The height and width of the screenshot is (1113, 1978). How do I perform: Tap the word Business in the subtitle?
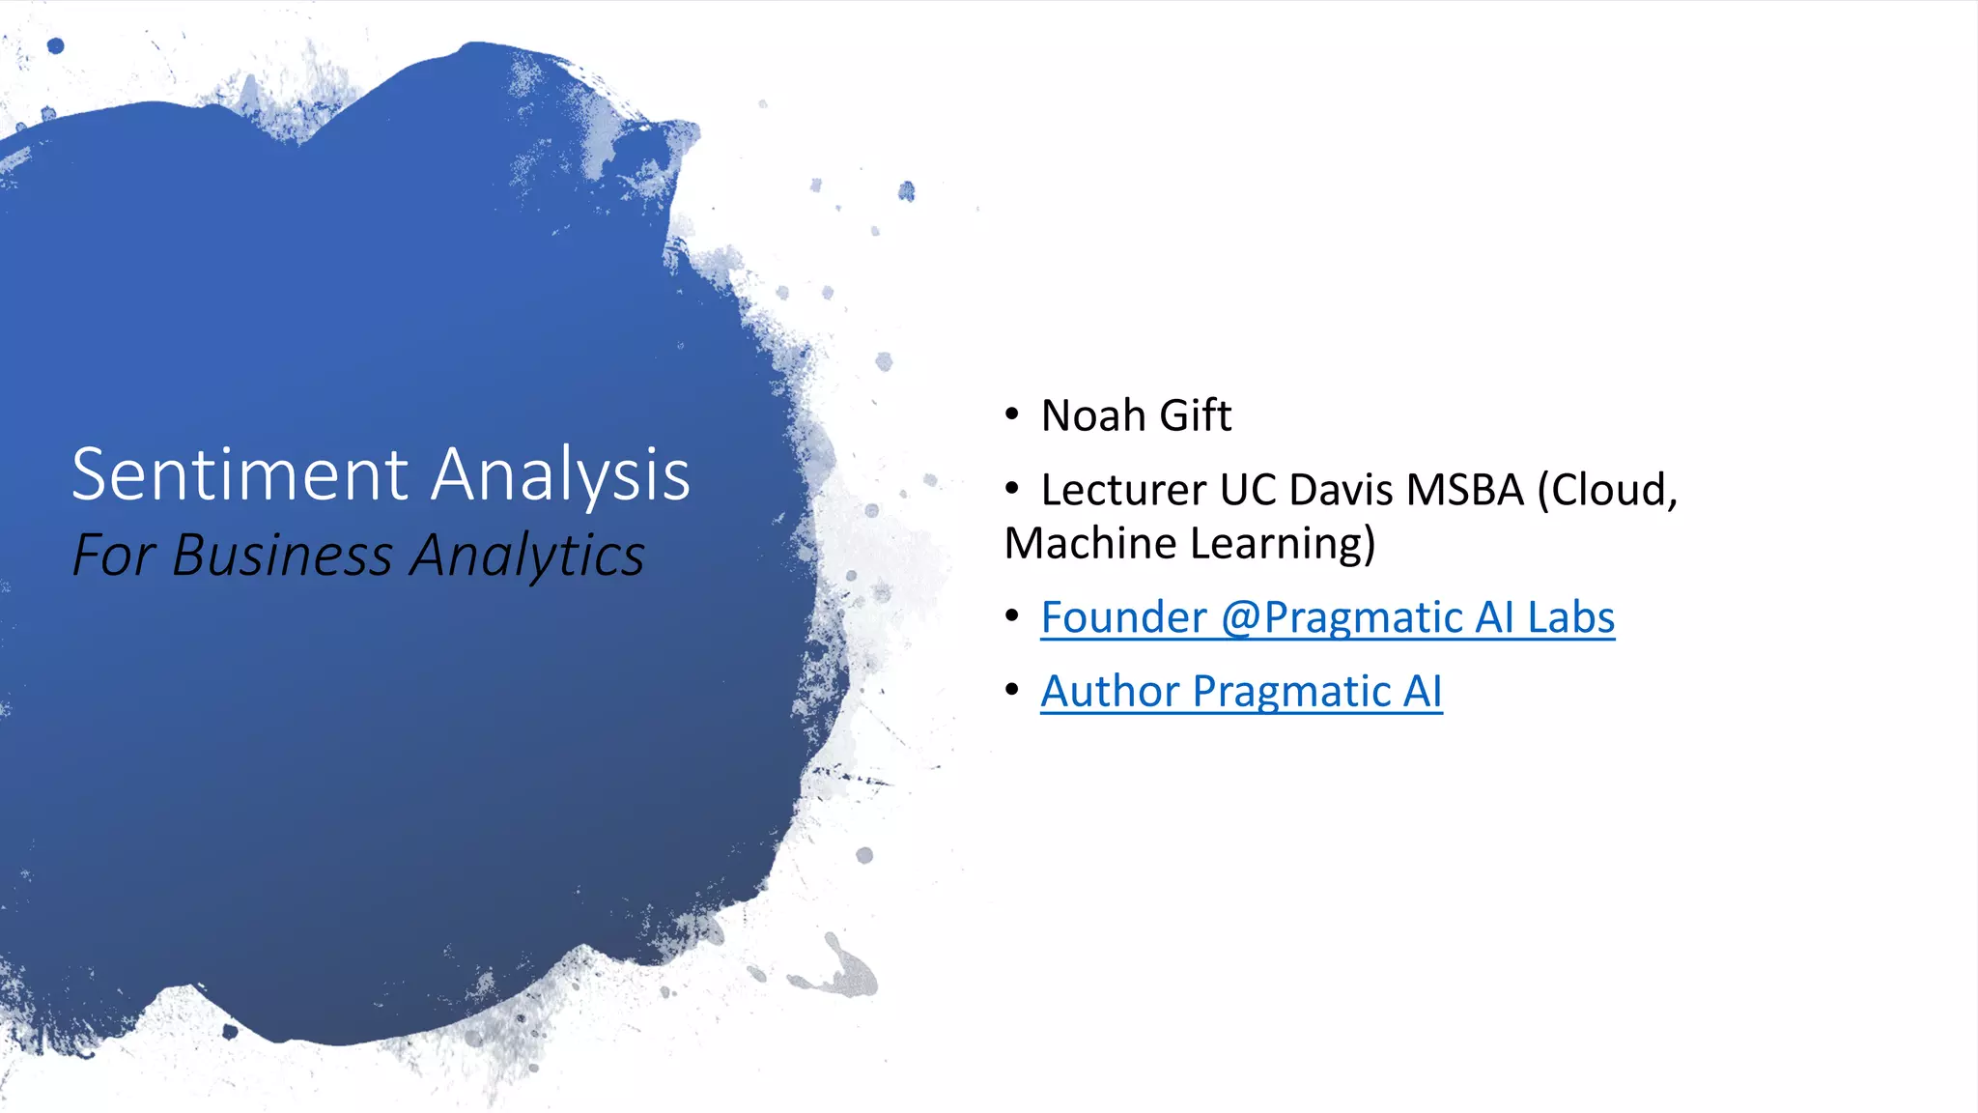pyautogui.click(x=282, y=556)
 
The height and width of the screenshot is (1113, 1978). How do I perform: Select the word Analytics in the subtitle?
pyautogui.click(x=527, y=557)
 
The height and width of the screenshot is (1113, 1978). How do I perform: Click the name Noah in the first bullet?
pyautogui.click(x=1093, y=416)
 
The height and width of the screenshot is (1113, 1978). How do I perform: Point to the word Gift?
pyautogui.click(x=1195, y=416)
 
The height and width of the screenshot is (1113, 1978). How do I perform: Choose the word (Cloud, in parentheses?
pyautogui.click(x=1607, y=490)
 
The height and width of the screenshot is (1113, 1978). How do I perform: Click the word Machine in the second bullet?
pyautogui.click(x=1090, y=543)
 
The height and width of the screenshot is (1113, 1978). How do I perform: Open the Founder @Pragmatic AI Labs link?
pyautogui.click(x=1327, y=617)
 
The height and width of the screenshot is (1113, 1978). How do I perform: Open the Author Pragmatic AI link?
pyautogui.click(x=1241, y=692)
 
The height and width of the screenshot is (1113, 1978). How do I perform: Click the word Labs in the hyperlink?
pyautogui.click(x=1570, y=617)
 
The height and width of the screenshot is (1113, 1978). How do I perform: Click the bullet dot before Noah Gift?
pyautogui.click(x=1011, y=414)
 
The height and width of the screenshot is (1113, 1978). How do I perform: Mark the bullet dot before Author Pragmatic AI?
pyautogui.click(x=1011, y=690)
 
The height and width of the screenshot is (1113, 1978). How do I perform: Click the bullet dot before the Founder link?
pyautogui.click(x=1011, y=615)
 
